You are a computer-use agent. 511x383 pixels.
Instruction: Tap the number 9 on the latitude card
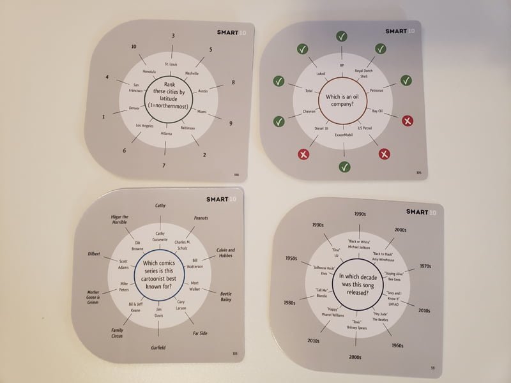tap(231, 123)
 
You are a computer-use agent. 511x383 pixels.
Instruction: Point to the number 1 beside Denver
tap(103, 117)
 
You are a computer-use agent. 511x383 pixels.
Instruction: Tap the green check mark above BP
tap(342, 36)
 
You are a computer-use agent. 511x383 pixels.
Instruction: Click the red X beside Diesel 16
tap(303, 154)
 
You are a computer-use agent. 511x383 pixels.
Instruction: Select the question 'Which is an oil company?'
tap(344, 99)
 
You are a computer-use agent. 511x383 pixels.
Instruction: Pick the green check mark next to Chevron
tap(278, 121)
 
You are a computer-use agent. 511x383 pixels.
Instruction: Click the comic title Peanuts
tap(202, 218)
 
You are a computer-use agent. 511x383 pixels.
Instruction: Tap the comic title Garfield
tap(159, 347)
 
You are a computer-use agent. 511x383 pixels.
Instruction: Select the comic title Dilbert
tap(95, 254)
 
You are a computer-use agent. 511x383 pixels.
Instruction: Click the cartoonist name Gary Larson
tap(181, 304)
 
